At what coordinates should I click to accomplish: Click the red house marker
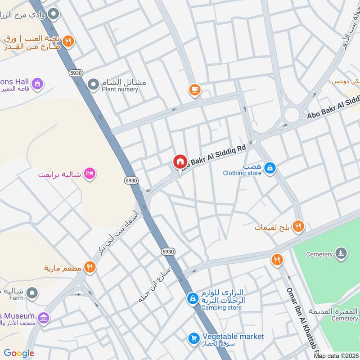180,162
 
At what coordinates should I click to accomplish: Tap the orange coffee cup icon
194,90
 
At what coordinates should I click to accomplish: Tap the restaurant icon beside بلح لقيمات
297,226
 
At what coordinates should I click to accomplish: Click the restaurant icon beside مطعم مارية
90,268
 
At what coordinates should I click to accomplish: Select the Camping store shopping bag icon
193,298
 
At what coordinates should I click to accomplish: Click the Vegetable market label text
233,337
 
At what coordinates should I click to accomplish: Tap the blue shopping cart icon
193,338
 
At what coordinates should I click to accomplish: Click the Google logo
19,353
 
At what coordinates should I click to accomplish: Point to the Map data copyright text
336,355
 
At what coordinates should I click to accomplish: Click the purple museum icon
44,319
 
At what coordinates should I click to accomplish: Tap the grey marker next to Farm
31,294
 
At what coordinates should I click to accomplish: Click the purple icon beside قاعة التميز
37,84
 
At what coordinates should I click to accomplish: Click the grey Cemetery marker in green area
341,254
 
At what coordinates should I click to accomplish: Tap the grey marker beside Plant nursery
93,84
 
